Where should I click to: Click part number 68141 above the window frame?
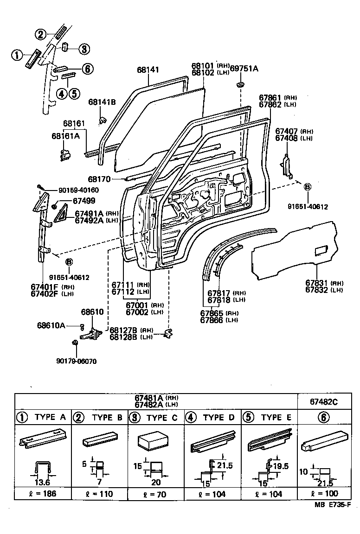pyautogui.click(x=148, y=70)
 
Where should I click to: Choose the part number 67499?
pyautogui.click(x=84, y=201)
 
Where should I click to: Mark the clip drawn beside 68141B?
pyautogui.click(x=100, y=121)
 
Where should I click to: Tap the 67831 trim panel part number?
pyautogui.click(x=318, y=283)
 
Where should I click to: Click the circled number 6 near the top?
pyautogui.click(x=86, y=69)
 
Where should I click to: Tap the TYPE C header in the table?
pyautogui.click(x=155, y=418)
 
